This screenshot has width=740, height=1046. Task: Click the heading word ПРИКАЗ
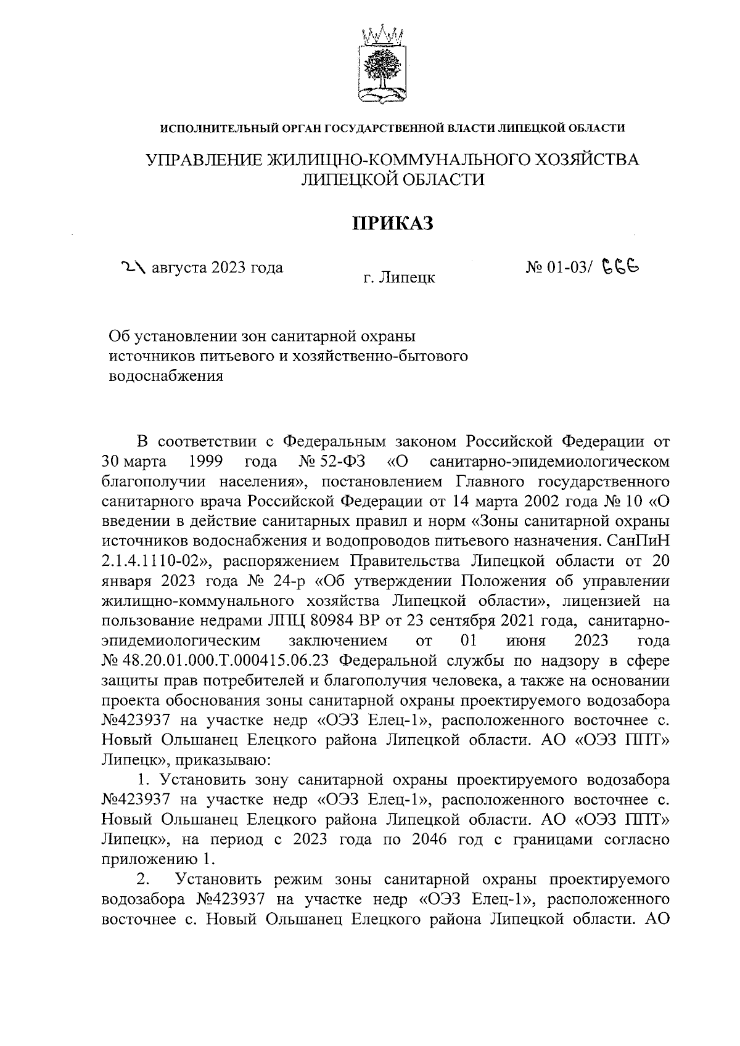coord(393,223)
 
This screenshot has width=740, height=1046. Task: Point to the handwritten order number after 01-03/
coord(620,266)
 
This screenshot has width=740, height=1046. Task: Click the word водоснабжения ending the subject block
coord(165,375)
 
